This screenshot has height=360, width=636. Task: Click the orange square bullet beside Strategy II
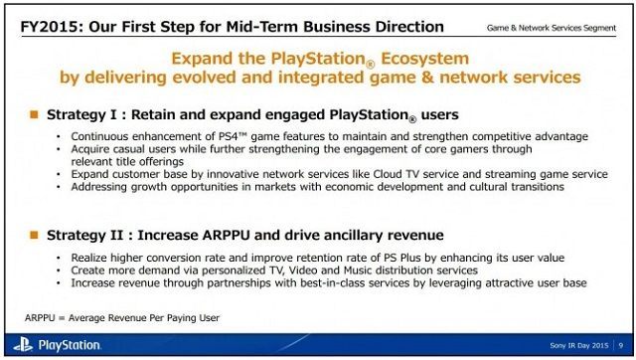tap(34, 235)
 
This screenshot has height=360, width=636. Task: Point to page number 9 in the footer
tap(621, 346)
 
